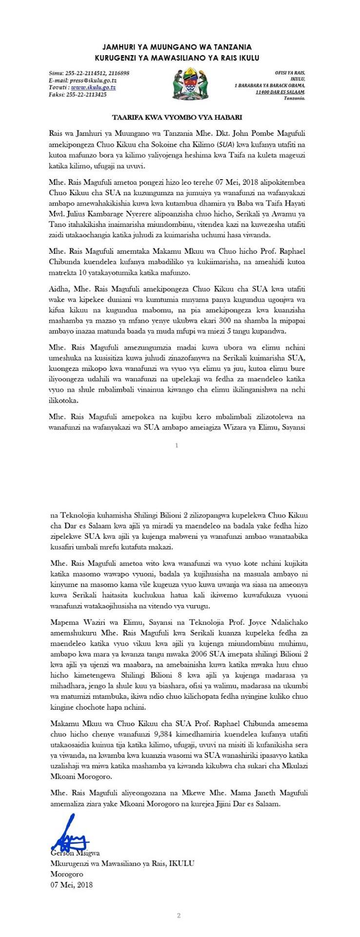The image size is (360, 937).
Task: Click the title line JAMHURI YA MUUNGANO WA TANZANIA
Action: (177, 47)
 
